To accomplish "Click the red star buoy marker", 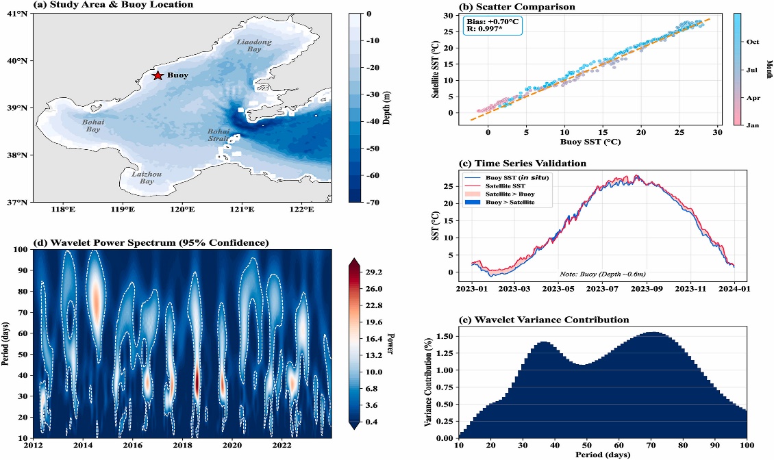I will coord(158,75).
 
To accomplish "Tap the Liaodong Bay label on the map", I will coord(254,46).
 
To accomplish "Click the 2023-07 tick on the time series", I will coord(603,289).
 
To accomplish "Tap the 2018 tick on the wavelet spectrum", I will coord(182,445).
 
